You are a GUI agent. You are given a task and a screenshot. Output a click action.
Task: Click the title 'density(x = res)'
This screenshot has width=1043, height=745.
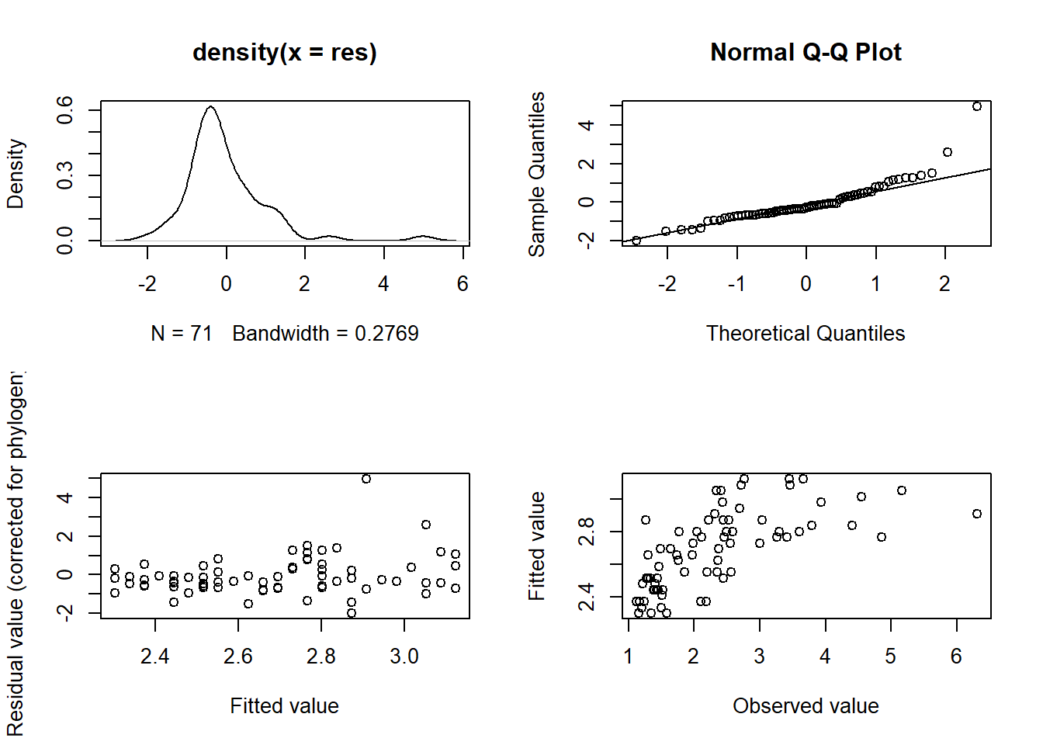tap(284, 52)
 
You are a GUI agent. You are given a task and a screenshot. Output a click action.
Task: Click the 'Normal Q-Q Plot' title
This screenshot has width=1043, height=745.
tap(806, 52)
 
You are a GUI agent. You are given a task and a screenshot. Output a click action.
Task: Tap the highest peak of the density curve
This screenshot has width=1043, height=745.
tap(210, 107)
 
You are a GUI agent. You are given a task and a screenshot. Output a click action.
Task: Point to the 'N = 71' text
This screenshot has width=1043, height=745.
tap(182, 334)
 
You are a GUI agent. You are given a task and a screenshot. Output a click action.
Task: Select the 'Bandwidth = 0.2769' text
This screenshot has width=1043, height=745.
tap(325, 334)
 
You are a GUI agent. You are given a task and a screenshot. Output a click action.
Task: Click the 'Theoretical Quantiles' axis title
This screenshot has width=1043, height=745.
tap(806, 334)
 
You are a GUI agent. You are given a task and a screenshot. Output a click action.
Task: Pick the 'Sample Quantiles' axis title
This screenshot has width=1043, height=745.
tap(537, 174)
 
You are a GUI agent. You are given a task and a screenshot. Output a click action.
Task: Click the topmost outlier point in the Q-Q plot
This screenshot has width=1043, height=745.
tap(977, 106)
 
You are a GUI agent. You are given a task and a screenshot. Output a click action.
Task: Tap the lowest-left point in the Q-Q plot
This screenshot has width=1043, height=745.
tap(636, 241)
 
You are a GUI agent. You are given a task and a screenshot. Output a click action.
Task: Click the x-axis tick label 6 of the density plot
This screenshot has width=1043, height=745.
tap(463, 284)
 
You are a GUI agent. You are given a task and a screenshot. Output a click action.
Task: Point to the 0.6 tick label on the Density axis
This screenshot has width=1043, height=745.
tap(65, 109)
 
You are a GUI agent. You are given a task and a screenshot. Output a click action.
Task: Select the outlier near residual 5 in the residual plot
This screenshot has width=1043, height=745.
tap(366, 479)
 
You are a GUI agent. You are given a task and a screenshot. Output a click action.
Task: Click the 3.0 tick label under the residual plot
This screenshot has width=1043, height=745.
tap(404, 657)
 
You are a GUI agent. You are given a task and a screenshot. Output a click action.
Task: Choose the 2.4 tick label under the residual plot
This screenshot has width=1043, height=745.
tap(155, 657)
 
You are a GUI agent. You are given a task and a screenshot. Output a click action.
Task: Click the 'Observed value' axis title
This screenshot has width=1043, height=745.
tap(806, 706)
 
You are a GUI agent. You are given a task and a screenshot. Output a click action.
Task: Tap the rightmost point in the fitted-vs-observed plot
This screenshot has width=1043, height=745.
tap(977, 514)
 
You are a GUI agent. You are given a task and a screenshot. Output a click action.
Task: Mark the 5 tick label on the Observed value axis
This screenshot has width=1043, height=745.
tap(891, 657)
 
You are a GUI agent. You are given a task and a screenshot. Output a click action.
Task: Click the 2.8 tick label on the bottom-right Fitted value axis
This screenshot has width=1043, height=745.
tap(587, 532)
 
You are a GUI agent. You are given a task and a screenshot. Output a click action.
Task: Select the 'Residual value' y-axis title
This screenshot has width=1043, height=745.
tap(16, 554)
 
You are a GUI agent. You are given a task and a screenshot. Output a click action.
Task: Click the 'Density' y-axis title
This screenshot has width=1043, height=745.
tap(16, 174)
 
